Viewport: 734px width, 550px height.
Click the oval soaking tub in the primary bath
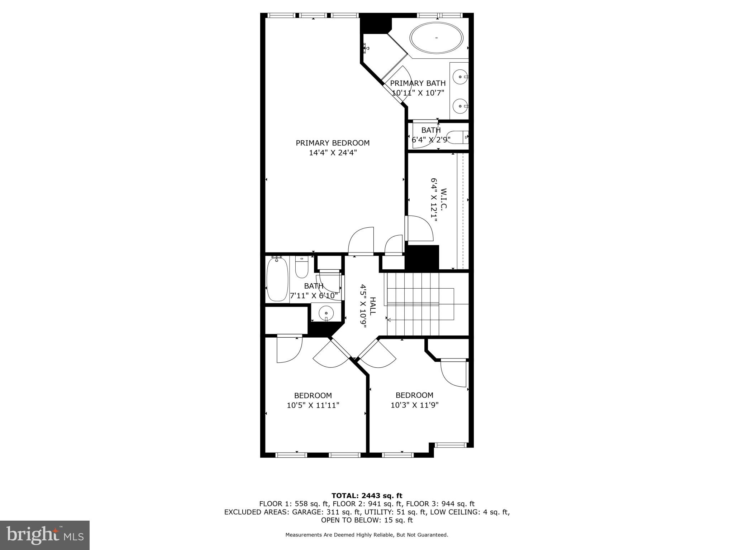437,38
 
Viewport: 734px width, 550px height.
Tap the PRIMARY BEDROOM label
333,143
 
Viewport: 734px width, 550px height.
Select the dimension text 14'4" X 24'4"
333,153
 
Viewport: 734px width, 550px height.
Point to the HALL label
373,305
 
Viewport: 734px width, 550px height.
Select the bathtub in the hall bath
277,279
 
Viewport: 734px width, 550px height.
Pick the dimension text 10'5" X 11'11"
313,405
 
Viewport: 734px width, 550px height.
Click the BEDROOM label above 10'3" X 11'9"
414,395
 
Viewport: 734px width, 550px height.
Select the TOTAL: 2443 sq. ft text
367,496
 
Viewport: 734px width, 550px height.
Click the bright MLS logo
44,535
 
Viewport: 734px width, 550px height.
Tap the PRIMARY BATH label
418,83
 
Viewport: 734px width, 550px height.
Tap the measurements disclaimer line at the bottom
367,535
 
